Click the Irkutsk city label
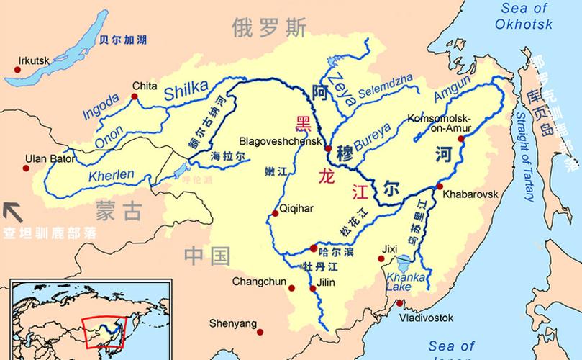35,60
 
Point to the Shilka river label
189,91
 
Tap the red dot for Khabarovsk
440,187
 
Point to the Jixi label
389,249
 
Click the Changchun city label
255,282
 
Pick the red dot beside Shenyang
260,332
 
